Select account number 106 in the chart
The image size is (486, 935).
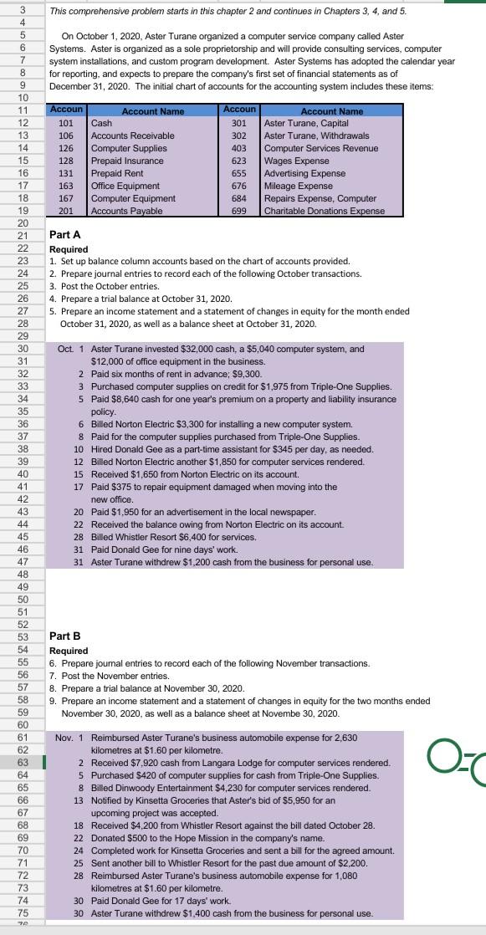[x=66, y=135]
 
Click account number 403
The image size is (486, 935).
[x=238, y=148]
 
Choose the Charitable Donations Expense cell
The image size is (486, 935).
[x=325, y=211]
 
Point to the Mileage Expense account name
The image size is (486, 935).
[x=299, y=186]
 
